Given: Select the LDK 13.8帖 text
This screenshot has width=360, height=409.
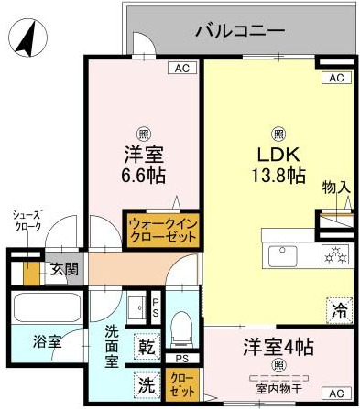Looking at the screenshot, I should point(279,163).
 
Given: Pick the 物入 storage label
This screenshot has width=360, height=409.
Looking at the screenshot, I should point(335,188).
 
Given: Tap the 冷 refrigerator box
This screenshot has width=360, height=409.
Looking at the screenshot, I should point(338,307).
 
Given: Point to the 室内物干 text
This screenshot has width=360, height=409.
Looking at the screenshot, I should point(280,389).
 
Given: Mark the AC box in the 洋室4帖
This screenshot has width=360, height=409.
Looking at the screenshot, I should point(337,391).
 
